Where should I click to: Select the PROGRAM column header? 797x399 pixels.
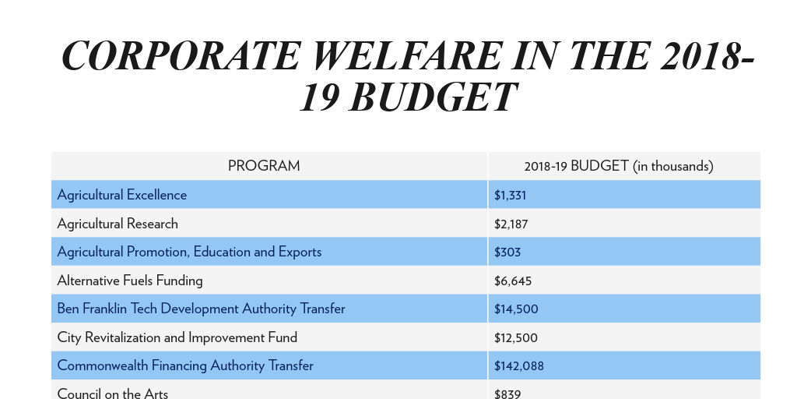264,166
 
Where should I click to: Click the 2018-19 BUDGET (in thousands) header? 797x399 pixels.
619,166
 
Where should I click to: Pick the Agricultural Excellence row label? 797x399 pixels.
122,195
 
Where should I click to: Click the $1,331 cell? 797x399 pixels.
511,195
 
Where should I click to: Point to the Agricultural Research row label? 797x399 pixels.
118,224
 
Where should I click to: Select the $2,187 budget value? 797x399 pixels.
511,224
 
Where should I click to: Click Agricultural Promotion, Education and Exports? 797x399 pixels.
189,252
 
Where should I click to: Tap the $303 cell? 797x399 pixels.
507,252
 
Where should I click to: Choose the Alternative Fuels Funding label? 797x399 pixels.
130,281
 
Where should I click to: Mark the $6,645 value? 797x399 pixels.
513,281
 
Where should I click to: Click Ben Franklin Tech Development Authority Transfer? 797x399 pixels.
201,309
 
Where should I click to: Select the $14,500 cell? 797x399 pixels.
516,309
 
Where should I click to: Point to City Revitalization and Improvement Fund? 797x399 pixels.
177,337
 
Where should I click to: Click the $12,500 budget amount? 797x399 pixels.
516,337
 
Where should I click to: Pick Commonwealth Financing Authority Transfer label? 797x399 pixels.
185,365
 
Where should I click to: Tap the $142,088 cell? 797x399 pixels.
519,365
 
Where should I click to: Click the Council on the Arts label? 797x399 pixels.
113,394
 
